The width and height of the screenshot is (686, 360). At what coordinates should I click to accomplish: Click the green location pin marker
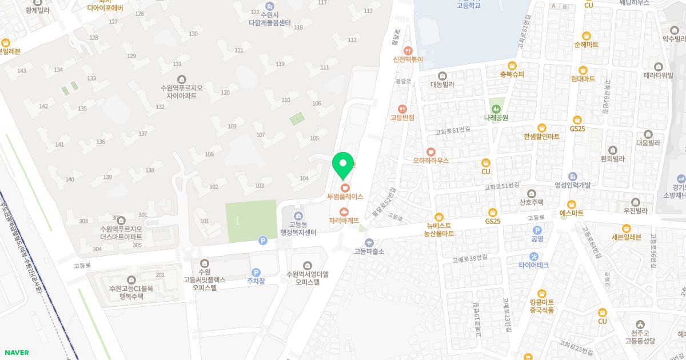click(343, 165)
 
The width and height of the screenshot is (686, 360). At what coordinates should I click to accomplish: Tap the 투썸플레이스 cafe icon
click(344, 187)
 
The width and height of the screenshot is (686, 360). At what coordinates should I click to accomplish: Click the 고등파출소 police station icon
click(369, 242)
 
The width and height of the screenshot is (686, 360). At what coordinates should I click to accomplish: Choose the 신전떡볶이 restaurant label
click(408, 59)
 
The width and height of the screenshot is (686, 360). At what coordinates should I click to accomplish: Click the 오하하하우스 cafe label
click(430, 161)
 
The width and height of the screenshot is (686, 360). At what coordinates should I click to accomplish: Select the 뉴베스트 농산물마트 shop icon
click(439, 217)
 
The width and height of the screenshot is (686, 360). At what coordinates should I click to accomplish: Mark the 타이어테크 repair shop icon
click(533, 256)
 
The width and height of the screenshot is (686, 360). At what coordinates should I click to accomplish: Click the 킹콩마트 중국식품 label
click(541, 306)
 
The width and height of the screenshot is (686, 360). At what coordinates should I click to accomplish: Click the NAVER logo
click(16, 353)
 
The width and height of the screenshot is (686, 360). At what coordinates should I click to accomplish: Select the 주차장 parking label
click(256, 281)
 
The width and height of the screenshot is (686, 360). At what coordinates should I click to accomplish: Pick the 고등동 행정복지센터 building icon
click(298, 215)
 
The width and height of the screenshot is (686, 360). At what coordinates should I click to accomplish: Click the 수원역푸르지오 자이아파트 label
click(181, 91)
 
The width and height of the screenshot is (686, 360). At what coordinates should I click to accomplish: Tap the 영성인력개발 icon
click(572, 176)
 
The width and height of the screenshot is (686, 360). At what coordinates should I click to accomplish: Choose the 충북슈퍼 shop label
click(512, 74)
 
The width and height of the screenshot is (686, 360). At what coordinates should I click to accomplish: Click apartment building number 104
click(304, 178)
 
